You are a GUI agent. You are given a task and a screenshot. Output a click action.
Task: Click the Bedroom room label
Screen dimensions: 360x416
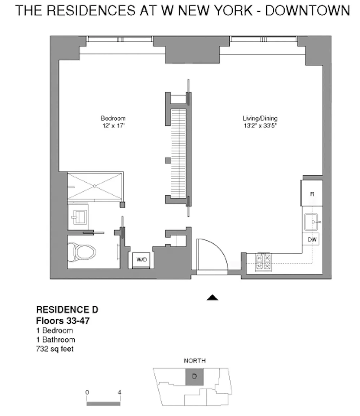113,118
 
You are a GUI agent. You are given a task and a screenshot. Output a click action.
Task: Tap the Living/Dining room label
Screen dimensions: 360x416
260,118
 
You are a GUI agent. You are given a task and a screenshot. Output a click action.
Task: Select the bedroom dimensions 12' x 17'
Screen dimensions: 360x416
114,126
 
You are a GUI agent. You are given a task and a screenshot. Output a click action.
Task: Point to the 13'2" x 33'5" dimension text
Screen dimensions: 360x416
260,126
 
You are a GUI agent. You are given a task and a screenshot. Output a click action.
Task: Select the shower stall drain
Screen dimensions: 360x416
95,186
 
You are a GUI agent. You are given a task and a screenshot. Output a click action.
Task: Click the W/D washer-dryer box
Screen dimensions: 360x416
141,260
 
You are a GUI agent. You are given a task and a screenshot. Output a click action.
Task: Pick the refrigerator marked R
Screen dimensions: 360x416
312,193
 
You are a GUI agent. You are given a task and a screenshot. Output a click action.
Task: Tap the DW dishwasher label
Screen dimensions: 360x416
312,239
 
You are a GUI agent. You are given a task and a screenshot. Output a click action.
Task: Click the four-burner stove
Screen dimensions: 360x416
263,262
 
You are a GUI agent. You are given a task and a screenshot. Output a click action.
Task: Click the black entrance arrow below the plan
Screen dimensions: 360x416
212,298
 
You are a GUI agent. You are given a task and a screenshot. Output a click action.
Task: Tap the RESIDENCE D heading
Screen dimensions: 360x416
67,309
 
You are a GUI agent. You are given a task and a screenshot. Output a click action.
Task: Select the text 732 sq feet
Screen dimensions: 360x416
54,348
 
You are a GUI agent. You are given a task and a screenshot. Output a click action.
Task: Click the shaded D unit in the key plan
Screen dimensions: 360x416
194,377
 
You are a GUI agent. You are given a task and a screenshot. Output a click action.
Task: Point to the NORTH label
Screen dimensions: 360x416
194,360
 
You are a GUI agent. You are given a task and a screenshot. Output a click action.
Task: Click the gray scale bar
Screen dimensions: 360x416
104,403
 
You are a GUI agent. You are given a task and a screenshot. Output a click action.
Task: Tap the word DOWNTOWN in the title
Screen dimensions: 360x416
307,10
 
